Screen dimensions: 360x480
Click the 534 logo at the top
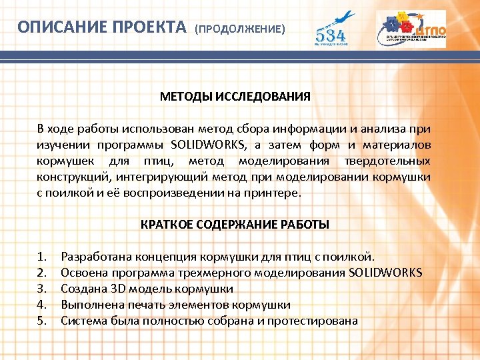pos(334,29)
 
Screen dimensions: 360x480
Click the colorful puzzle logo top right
pos(411,29)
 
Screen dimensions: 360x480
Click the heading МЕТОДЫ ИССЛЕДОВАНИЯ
pos(235,97)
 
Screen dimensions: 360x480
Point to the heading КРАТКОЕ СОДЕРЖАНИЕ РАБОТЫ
pos(235,225)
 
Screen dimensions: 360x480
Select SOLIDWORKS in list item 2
pos(385,273)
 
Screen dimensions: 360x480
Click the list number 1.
pos(42,257)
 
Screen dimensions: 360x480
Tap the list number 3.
pos(42,289)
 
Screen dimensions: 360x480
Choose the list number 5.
pos(42,321)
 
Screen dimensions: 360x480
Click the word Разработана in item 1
pos(96,257)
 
